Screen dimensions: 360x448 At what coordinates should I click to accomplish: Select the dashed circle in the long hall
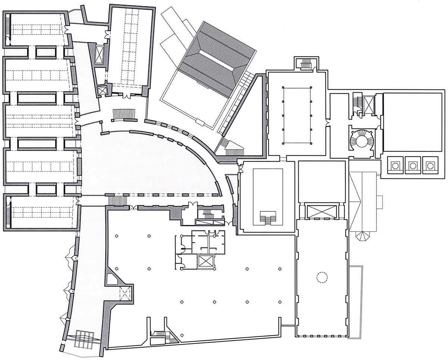(321, 277)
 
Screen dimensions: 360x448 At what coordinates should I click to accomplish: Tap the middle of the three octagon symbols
(413, 165)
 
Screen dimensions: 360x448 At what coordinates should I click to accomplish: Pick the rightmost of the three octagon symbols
(430, 165)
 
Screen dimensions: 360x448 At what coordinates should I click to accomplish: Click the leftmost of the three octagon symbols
(395, 165)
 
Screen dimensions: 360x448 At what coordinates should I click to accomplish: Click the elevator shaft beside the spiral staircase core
(368, 105)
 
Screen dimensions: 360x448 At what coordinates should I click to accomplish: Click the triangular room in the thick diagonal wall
(112, 279)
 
